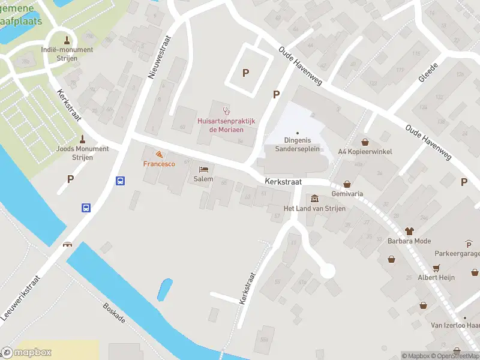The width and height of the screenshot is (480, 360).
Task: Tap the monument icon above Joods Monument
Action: point(82,139)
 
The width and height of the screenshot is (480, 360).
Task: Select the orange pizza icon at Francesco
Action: point(158,154)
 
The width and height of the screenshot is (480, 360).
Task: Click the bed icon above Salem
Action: point(203,170)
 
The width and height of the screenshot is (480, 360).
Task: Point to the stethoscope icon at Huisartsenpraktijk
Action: point(226,110)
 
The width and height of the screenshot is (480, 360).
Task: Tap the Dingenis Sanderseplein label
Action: point(297,145)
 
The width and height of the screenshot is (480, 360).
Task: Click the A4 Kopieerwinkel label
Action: point(365,152)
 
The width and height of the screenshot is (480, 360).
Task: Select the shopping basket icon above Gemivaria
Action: point(347,185)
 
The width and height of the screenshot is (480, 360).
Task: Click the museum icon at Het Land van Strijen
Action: point(315,198)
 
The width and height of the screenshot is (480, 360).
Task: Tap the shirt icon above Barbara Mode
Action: point(410,230)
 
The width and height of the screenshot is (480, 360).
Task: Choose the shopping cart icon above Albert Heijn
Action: point(437,268)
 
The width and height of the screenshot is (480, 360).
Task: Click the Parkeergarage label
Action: point(458,254)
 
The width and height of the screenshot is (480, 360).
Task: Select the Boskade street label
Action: point(113,312)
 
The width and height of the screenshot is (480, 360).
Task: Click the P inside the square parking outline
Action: point(245,73)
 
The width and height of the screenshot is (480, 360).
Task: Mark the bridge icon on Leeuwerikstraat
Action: point(67,244)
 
